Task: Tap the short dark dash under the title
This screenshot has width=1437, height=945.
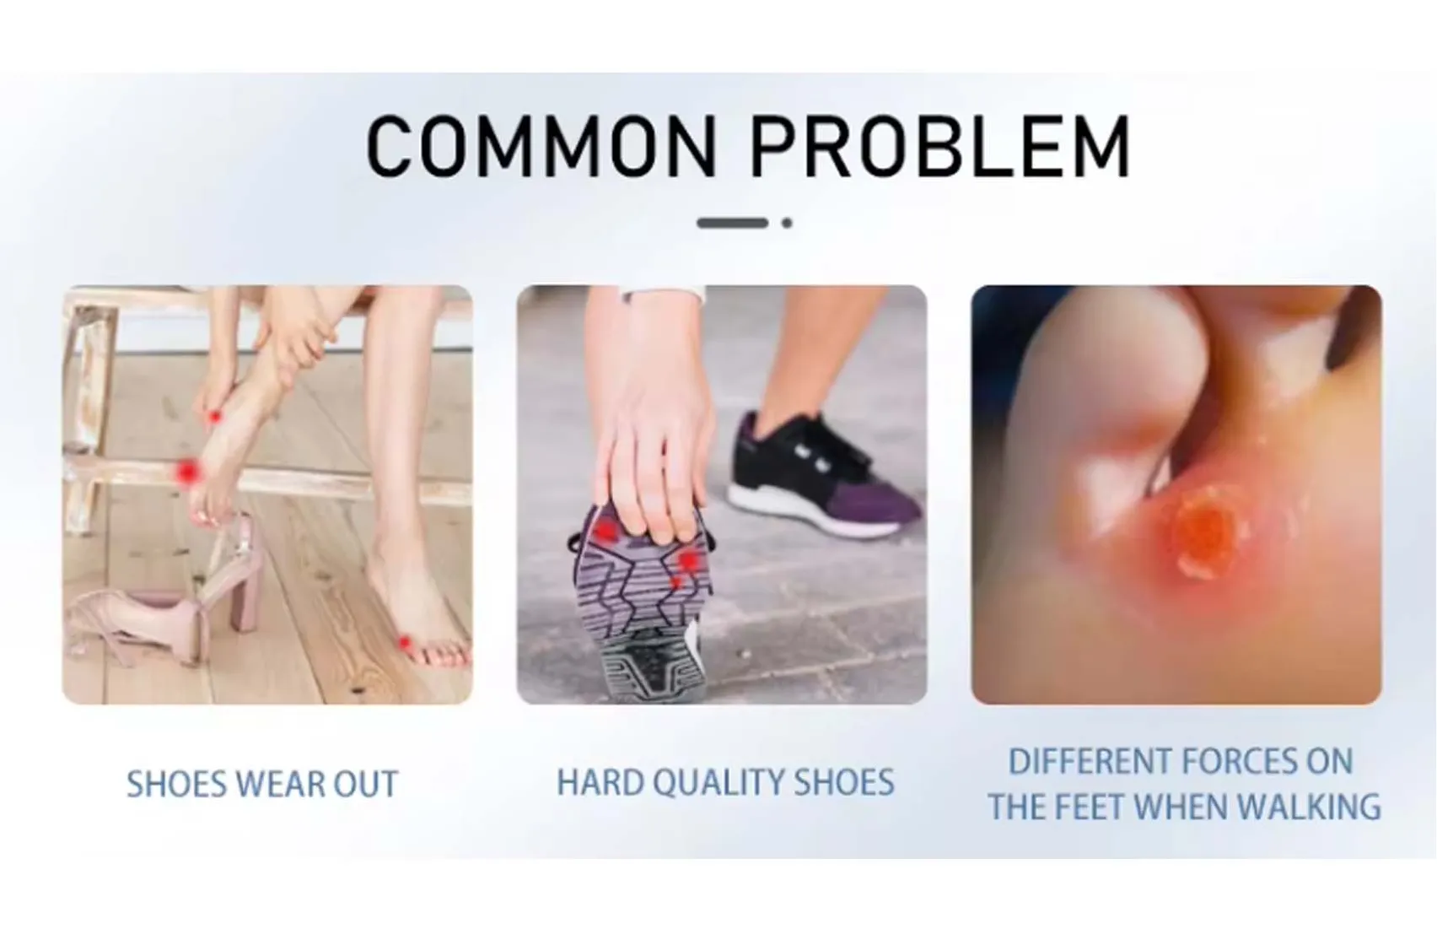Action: coord(731,223)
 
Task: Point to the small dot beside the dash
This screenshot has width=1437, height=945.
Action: coord(787,223)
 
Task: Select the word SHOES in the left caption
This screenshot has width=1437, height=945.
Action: coord(176,785)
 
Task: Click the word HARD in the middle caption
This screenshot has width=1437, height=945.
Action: coord(600,783)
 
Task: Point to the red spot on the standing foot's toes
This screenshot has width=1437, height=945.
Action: coord(405,643)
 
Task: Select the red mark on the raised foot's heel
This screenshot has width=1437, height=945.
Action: coord(216,415)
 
